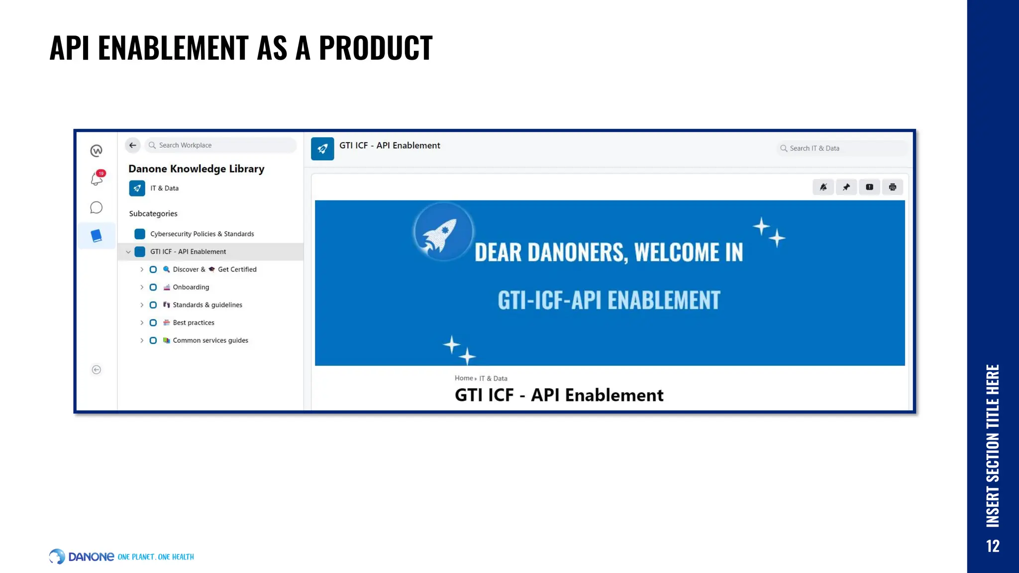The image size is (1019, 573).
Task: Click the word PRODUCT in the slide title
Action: (x=375, y=48)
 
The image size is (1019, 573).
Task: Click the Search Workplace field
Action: (x=221, y=145)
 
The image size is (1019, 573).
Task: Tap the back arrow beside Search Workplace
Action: (x=132, y=145)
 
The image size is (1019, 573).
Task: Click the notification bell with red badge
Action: (x=97, y=179)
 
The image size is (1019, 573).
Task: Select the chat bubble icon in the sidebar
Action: (x=97, y=207)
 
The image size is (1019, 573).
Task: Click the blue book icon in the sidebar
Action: (x=97, y=236)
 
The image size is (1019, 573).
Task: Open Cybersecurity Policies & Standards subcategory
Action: (x=202, y=234)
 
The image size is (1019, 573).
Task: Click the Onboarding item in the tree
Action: (x=191, y=287)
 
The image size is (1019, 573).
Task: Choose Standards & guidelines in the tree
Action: (x=207, y=305)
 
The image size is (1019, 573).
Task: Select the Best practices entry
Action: (x=193, y=323)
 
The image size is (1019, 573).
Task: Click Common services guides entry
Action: (x=210, y=341)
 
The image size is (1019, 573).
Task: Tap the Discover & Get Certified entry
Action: (x=214, y=270)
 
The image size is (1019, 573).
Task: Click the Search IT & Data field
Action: (x=841, y=148)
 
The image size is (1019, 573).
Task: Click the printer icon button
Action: (x=892, y=187)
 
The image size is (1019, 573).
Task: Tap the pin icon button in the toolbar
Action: (x=846, y=187)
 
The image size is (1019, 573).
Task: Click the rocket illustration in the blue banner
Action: (x=442, y=232)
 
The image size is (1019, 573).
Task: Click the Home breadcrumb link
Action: (x=463, y=378)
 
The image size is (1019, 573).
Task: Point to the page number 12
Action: (x=992, y=546)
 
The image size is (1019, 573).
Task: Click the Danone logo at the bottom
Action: (x=82, y=557)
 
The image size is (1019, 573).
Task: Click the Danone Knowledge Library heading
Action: (x=196, y=169)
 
